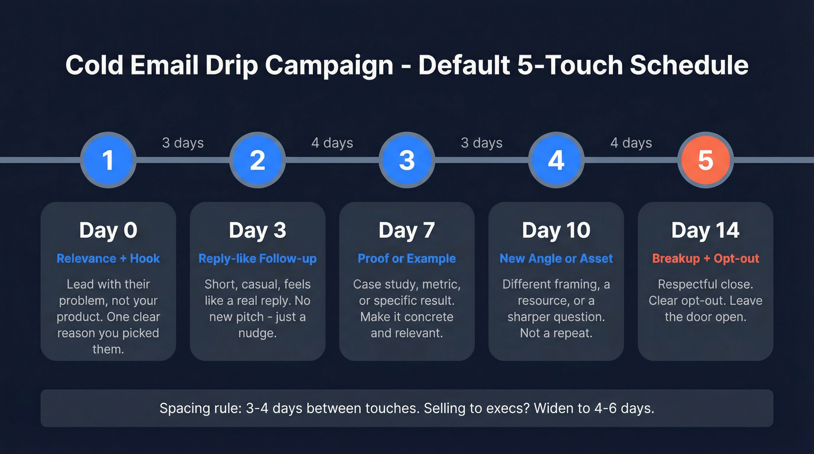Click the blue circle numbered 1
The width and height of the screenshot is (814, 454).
[x=108, y=160]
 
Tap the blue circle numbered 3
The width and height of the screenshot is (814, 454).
[x=407, y=160]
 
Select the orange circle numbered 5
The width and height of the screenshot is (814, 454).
[x=705, y=160]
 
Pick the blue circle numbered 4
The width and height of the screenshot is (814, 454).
[x=556, y=160]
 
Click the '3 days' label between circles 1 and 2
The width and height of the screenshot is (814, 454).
[x=183, y=143]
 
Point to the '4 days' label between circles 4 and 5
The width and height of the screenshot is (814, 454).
[x=631, y=143]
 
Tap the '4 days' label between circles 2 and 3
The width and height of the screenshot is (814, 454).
[x=332, y=143]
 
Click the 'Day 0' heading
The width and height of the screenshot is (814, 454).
[x=108, y=231]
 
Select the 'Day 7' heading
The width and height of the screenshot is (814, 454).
[x=407, y=231]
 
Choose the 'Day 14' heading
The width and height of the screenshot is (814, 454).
[x=705, y=231]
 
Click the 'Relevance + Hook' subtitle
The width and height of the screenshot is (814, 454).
[x=108, y=259]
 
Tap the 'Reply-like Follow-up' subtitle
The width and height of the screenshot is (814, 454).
[x=258, y=259]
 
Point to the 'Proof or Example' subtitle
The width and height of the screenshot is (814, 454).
[x=407, y=259]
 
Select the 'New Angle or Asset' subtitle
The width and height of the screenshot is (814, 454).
[x=556, y=259]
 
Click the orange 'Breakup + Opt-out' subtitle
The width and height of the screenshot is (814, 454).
[x=705, y=259]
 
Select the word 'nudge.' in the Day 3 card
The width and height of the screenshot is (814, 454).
[x=258, y=334]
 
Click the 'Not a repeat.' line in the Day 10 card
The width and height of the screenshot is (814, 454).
[x=556, y=334]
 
